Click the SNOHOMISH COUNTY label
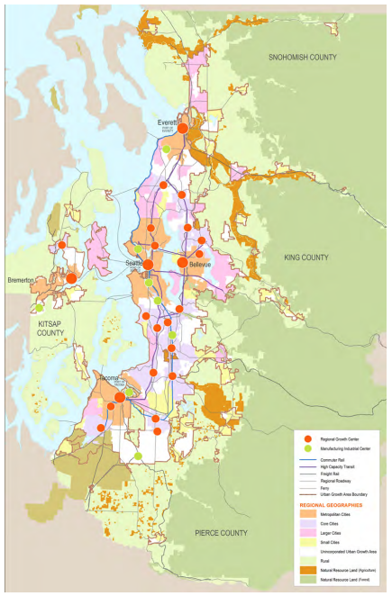(302, 57)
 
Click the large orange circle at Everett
(183, 129)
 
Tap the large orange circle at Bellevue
(183, 263)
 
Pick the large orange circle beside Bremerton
(70, 279)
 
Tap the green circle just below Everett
(167, 149)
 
